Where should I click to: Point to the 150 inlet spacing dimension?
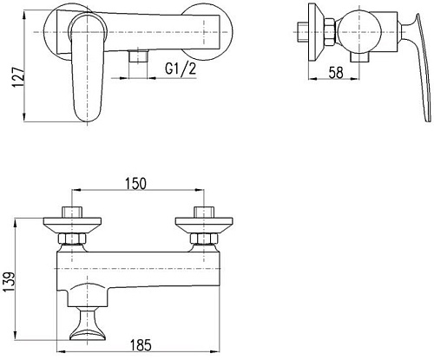click(137, 183)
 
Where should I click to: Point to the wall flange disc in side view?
click(309, 29)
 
